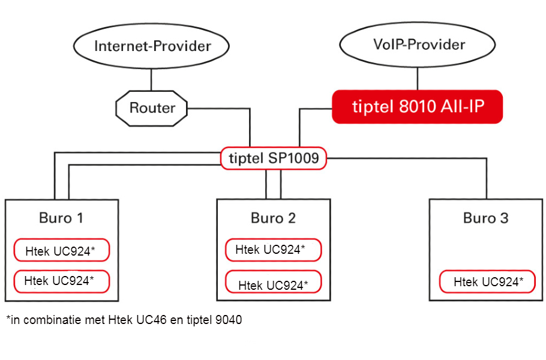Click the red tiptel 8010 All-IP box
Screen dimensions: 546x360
click(x=418, y=107)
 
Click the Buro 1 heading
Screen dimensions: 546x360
click(x=61, y=218)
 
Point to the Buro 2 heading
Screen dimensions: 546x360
click(x=274, y=218)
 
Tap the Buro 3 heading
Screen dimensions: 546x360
click(x=486, y=218)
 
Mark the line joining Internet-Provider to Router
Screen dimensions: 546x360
click(x=151, y=80)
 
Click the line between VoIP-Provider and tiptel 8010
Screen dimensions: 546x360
click(x=418, y=79)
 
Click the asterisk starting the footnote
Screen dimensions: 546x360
click(x=8, y=317)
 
